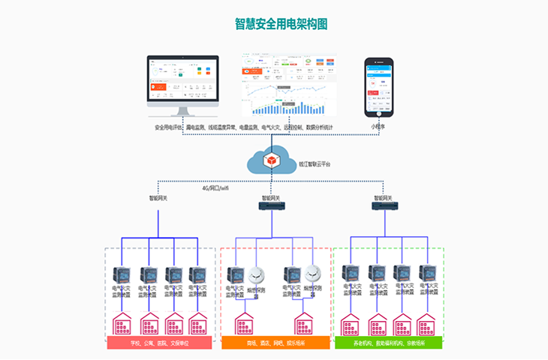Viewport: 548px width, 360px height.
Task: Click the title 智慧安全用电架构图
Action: tap(281, 24)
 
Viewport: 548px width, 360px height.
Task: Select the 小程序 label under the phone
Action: tap(378, 127)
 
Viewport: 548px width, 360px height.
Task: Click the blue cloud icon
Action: tap(271, 162)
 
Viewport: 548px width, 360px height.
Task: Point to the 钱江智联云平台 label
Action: tap(314, 163)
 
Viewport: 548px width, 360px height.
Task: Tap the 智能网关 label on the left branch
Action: tap(158, 199)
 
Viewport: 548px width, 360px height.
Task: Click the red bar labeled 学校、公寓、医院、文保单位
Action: tap(159, 343)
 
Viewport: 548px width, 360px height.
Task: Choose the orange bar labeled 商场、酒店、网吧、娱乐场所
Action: tap(276, 343)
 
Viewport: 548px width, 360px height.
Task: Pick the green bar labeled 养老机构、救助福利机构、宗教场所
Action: tap(388, 343)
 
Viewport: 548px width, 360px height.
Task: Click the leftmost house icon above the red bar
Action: tap(122, 325)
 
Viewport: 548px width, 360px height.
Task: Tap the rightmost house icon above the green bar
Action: tap(427, 325)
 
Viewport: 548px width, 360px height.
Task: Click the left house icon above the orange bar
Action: tap(245, 325)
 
